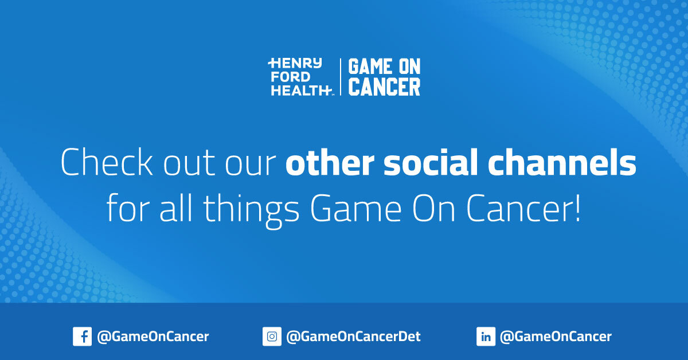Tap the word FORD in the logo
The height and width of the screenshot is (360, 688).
tap(292, 76)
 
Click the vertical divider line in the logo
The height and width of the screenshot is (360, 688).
tap(341, 77)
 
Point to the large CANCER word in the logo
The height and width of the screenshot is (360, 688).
tap(385, 87)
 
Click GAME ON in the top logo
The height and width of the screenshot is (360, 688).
tap(385, 66)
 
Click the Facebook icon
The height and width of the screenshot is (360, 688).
tap(82, 336)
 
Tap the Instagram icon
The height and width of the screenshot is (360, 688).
tap(272, 336)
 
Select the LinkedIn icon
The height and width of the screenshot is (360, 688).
tap(486, 336)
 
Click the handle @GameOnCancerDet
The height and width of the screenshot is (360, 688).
tap(353, 336)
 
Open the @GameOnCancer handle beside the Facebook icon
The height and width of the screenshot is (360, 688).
tap(153, 336)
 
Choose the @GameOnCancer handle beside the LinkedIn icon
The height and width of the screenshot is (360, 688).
tap(556, 336)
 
